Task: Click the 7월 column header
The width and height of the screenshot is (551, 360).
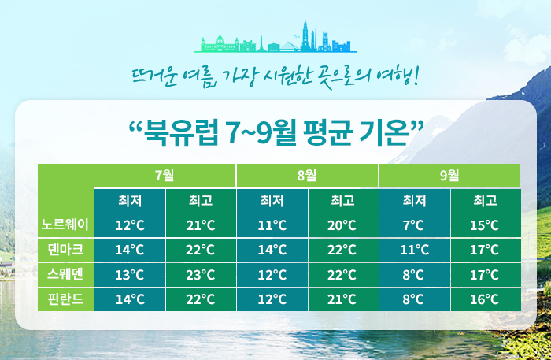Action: click(165, 176)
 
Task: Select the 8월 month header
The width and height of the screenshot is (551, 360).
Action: click(307, 176)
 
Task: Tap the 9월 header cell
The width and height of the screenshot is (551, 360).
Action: click(449, 176)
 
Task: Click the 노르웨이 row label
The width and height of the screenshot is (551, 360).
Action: click(65, 225)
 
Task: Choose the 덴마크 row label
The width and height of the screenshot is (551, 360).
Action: click(65, 250)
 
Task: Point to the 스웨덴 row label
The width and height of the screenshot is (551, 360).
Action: click(65, 274)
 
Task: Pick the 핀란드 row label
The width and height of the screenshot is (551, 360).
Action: click(65, 299)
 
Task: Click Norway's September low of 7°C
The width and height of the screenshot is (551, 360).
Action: click(414, 225)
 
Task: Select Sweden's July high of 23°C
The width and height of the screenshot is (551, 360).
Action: click(201, 275)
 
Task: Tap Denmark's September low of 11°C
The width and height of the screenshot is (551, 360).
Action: click(414, 250)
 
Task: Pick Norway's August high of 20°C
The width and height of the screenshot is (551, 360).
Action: click(342, 225)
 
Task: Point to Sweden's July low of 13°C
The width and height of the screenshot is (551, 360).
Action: click(130, 275)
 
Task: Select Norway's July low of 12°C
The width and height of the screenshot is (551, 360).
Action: click(130, 225)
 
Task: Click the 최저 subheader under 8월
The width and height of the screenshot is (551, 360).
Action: click(272, 201)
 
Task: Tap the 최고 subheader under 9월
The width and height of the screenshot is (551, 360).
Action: click(486, 201)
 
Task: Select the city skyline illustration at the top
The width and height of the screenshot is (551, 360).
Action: click(275, 37)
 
